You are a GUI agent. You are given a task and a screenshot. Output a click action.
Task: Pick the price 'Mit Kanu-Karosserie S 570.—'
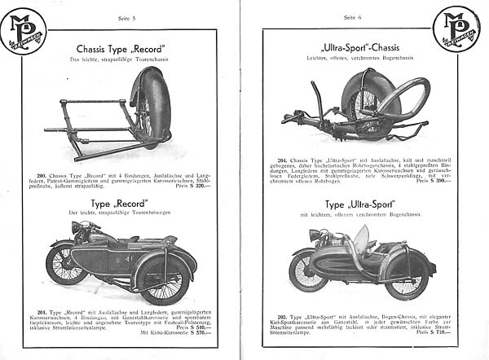click(169, 331)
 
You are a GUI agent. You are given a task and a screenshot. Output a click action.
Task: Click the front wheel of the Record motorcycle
click(67, 263)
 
